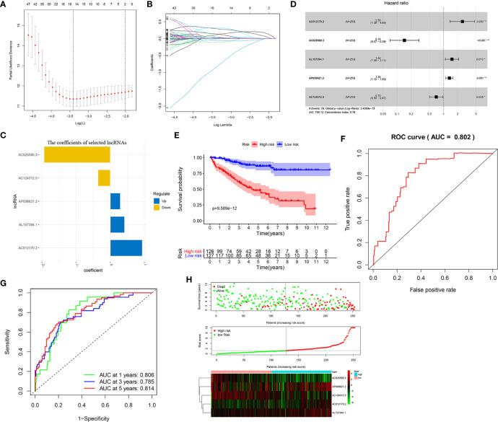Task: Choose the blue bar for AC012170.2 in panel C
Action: click(x=126, y=250)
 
